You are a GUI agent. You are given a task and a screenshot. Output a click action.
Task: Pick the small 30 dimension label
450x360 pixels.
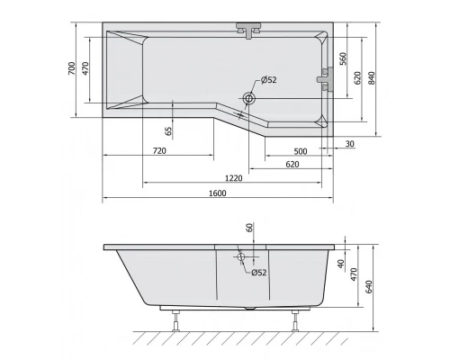click(347, 144)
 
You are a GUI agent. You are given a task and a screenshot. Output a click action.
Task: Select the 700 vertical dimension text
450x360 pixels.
click(72, 70)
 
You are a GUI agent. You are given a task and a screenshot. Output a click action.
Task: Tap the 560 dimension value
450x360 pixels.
click(343, 59)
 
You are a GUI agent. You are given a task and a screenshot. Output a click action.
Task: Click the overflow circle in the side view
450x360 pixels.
click(242, 258)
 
